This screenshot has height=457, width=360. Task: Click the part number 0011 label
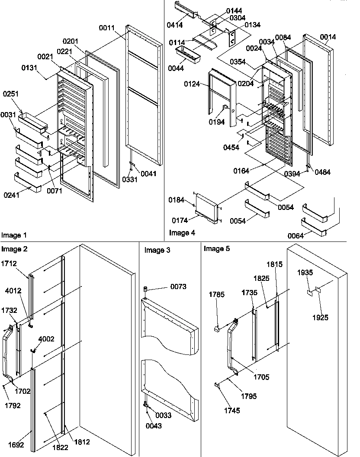pyautogui.click(x=106, y=28)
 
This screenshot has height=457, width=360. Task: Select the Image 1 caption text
pyautogui.click(x=14, y=235)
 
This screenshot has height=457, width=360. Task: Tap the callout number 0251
pyautogui.click(x=11, y=94)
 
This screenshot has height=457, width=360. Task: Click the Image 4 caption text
pyautogui.click(x=182, y=233)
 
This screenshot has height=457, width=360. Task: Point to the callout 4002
pyautogui.click(x=46, y=339)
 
